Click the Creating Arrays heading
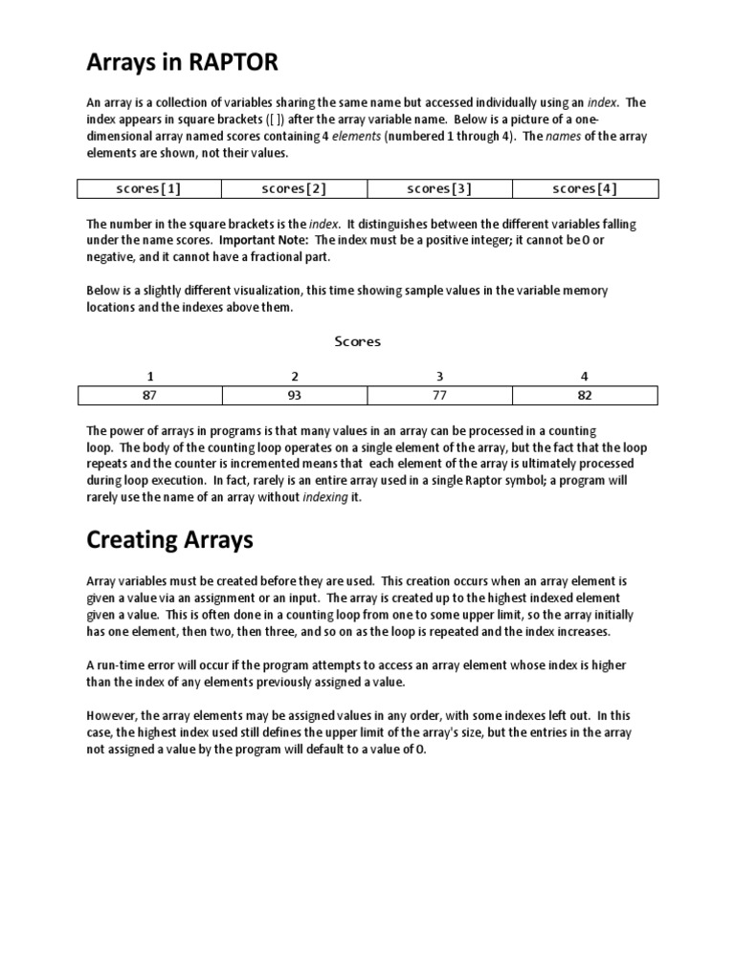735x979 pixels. (169, 540)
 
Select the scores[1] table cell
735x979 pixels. (148, 188)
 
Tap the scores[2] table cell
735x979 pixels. (294, 188)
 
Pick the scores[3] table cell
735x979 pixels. (439, 188)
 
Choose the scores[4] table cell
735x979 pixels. (585, 188)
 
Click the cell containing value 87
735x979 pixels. (148, 395)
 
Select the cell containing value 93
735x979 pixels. (294, 395)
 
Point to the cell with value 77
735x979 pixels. (439, 395)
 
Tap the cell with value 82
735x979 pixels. (585, 395)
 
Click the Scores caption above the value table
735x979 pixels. (358, 341)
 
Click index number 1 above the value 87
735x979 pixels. (148, 376)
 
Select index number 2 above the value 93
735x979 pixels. (294, 376)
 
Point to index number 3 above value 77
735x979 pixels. (439, 376)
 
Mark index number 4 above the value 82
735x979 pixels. (585, 376)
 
